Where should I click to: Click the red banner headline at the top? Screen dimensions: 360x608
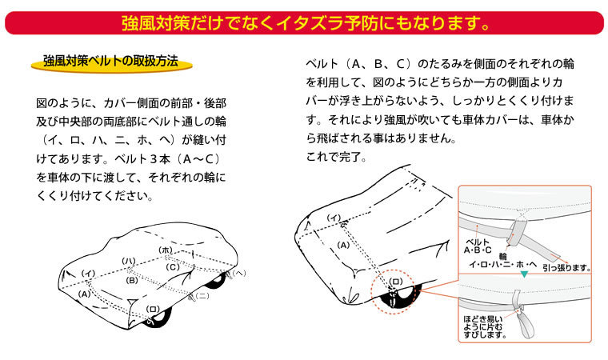coord(305,22)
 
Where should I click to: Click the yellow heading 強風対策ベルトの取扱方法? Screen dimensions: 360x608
coord(110,62)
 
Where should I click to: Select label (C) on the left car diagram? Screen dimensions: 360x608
coord(174,267)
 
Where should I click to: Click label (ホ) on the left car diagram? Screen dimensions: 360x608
coord(166,250)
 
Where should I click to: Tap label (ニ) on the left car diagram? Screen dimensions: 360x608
coord(202,296)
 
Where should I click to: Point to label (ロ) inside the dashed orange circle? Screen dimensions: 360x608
coord(395,282)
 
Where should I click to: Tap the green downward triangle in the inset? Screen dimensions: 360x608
coord(524,274)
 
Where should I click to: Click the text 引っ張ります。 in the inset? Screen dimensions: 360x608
coord(566,268)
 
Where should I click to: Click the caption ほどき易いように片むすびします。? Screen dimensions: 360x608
coord(486,326)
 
